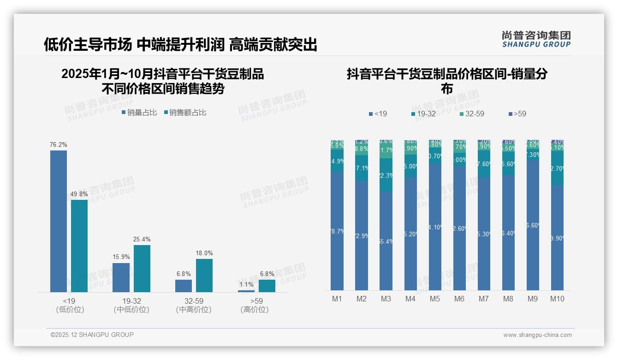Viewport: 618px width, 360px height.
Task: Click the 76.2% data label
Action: [x=59, y=144]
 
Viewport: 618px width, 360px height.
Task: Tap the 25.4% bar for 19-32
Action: [x=142, y=268]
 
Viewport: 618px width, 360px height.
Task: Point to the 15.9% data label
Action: [x=121, y=257]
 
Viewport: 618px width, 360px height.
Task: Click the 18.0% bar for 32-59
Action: [x=204, y=275]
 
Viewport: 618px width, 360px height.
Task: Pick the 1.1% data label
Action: [x=246, y=285]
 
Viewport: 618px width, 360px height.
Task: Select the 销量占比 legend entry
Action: [x=139, y=113]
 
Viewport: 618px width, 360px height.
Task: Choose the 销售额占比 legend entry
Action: [x=185, y=113]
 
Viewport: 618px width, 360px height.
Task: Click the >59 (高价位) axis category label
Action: [x=254, y=305]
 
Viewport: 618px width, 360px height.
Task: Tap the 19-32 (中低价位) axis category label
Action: [x=131, y=305]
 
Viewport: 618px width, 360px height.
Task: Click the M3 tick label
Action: [x=386, y=299]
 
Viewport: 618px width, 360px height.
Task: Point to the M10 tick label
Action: [x=557, y=299]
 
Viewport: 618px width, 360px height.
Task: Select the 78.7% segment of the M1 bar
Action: [x=337, y=231]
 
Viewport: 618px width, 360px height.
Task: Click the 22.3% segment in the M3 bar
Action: [x=386, y=175]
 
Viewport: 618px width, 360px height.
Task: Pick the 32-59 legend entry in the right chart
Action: [x=472, y=114]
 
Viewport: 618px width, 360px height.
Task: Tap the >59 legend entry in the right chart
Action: [x=517, y=114]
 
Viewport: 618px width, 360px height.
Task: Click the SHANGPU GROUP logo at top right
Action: [x=536, y=39]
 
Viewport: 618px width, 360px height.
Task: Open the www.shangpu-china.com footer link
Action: [x=537, y=335]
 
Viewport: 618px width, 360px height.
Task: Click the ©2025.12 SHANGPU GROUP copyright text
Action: [x=92, y=335]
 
